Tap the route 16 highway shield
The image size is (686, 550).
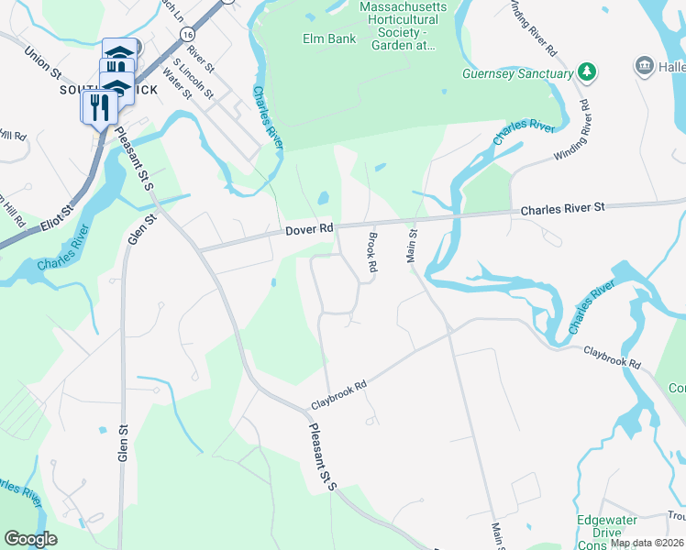(x=187, y=32)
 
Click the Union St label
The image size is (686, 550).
(x=41, y=61)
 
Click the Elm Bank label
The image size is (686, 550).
(x=322, y=38)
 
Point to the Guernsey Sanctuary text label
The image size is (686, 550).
(x=518, y=72)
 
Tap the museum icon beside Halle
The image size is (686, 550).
(x=644, y=66)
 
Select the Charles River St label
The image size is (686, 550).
(x=563, y=209)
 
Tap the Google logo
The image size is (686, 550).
(x=31, y=539)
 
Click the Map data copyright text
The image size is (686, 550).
(x=647, y=543)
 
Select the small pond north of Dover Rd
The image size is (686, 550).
(x=323, y=198)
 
